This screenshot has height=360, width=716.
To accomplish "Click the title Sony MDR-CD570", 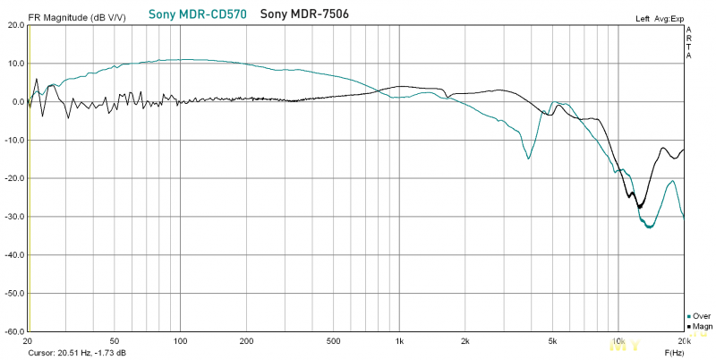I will click(199, 14).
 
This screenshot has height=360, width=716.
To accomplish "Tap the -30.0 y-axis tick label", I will click(13, 217).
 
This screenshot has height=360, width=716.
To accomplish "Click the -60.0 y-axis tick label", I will click(13, 331).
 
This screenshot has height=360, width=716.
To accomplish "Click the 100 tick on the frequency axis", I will click(181, 341).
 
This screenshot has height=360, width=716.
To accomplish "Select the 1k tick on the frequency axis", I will click(399, 341).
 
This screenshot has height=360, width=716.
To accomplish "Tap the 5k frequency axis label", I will click(553, 341).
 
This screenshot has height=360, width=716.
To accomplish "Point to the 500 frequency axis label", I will click(334, 341).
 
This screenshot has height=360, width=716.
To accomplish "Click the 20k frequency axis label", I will click(683, 341).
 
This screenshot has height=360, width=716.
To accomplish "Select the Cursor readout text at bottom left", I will click(77, 353).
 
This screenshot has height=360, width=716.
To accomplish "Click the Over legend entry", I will click(701, 316).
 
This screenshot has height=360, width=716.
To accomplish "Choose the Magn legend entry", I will click(701, 326).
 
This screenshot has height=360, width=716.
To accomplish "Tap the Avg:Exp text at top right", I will click(669, 18).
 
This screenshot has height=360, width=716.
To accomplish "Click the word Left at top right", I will click(643, 18).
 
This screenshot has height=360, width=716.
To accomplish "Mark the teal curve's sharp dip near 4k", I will click(529, 158).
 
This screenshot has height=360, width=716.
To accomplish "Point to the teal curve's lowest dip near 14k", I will click(649, 227).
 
